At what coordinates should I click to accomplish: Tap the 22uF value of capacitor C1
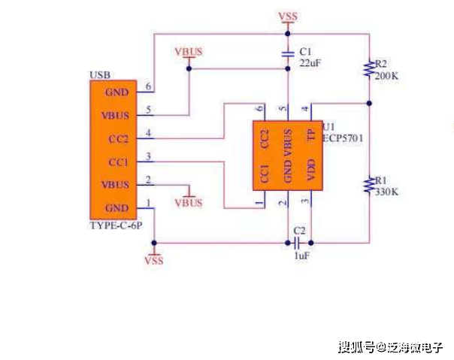pyautogui.click(x=310, y=63)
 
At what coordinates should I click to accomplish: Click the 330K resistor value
pyautogui.click(x=386, y=192)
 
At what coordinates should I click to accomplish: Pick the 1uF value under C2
pyautogui.click(x=301, y=256)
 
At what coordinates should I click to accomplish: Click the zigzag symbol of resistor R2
pyautogui.click(x=368, y=69)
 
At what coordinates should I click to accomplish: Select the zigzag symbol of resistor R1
pyautogui.click(x=368, y=185)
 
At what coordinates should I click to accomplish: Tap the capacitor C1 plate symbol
pyautogui.click(x=286, y=54)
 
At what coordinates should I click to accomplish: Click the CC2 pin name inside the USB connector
pyautogui.click(x=118, y=138)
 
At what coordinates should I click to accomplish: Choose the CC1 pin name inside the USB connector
pyautogui.click(x=118, y=162)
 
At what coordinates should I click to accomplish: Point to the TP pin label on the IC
pyautogui.click(x=310, y=135)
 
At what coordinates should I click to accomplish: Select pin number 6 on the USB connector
pyautogui.click(x=149, y=86)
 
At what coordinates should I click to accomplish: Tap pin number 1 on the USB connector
pyautogui.click(x=149, y=202)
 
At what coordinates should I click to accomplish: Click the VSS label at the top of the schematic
pyautogui.click(x=287, y=17)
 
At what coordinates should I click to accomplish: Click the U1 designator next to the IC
pyautogui.click(x=328, y=126)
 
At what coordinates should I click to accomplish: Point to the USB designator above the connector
pyautogui.click(x=99, y=75)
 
